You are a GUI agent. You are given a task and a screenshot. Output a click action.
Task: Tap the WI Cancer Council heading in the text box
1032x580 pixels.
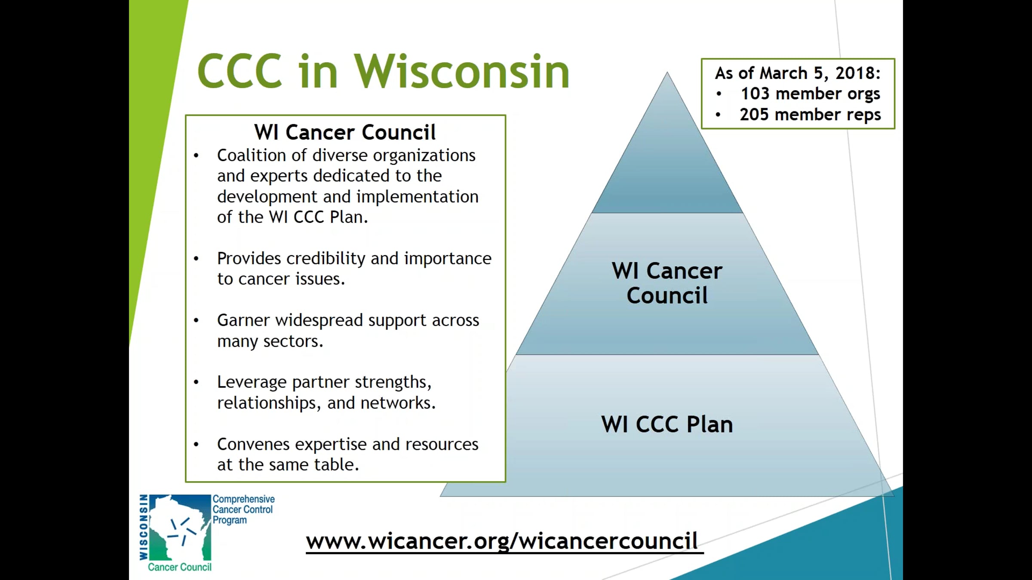[x=345, y=132]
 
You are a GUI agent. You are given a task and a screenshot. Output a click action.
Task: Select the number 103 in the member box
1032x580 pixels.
[x=755, y=94]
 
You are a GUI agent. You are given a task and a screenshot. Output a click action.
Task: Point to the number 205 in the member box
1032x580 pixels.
[x=754, y=115]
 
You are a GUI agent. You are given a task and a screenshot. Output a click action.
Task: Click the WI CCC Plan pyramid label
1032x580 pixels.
[x=667, y=424]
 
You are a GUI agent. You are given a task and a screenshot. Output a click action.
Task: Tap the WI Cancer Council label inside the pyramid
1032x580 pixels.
[x=667, y=283]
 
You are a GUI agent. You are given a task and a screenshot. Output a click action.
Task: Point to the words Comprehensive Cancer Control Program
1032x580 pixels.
[x=243, y=510]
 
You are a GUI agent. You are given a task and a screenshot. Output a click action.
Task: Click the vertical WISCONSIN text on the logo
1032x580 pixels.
[x=144, y=527]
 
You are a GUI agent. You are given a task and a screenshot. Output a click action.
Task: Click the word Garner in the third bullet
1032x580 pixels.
[x=243, y=321]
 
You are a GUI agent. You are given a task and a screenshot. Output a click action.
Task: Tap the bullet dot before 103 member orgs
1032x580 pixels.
[x=719, y=94]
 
